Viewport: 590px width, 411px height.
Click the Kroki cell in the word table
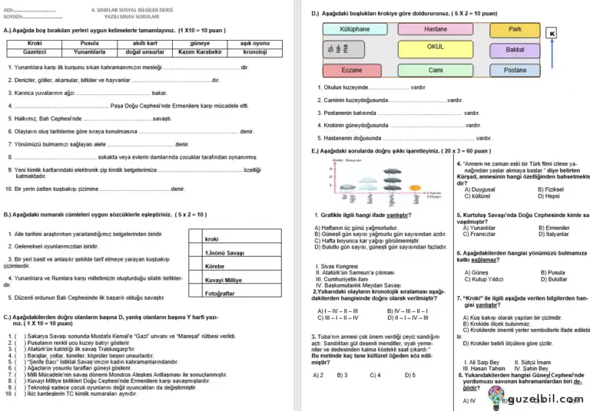(x=35, y=44)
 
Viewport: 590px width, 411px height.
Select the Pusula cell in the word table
(x=90, y=44)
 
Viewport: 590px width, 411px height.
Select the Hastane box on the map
(x=435, y=29)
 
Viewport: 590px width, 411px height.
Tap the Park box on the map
(x=515, y=29)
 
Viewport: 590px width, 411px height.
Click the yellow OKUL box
(x=435, y=47)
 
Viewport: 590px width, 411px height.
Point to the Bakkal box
(x=515, y=49)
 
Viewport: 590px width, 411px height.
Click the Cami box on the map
(x=435, y=70)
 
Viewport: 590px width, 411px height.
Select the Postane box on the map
(x=515, y=70)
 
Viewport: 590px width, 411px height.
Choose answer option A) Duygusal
(x=479, y=189)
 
